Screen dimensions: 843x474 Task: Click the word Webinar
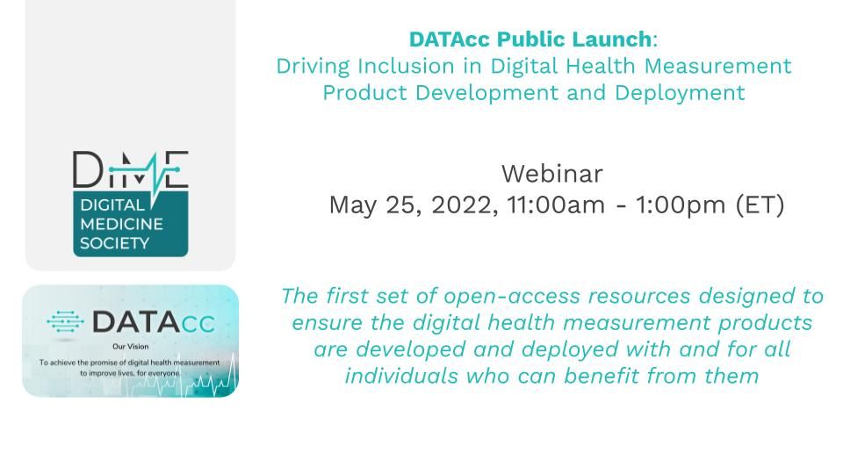pos(552,174)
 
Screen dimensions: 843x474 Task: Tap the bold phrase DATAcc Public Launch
pos(530,39)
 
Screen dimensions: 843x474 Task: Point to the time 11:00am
pos(556,205)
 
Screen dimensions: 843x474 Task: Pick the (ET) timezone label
pos(760,205)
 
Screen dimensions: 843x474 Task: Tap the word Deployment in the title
pos(680,94)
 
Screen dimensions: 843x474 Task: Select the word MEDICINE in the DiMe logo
pos(121,224)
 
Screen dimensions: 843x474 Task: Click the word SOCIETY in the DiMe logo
pos(114,243)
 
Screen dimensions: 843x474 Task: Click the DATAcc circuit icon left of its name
pos(66,322)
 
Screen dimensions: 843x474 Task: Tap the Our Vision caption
pos(131,347)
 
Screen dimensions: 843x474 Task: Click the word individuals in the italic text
pos(401,377)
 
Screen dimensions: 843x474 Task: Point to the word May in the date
pos(353,205)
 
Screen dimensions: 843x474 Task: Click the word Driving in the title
pos(313,67)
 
